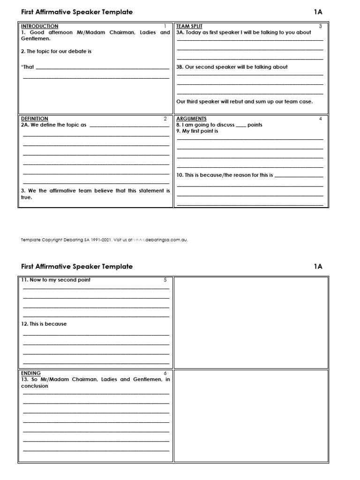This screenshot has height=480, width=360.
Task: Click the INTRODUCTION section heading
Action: [x=40, y=26]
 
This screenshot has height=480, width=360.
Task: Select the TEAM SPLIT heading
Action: [x=189, y=26]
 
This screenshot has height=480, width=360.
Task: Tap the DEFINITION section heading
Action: [x=35, y=119]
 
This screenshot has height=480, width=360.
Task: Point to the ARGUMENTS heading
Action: [x=191, y=119]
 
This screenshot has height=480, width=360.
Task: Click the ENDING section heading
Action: [x=31, y=373]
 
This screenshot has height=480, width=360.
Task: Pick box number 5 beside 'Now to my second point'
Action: [x=165, y=280]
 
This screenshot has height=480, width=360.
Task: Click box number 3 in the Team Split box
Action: [x=320, y=26]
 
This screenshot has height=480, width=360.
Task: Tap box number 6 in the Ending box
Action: [x=165, y=373]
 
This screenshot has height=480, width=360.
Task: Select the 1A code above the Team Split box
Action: [x=318, y=12]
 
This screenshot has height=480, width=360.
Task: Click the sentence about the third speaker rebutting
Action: [x=244, y=101]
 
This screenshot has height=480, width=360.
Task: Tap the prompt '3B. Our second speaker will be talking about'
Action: [x=232, y=67]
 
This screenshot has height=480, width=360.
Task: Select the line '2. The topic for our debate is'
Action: [x=56, y=51]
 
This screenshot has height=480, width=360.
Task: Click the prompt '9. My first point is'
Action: [x=197, y=131]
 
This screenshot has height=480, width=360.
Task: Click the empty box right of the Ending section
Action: [x=251, y=415]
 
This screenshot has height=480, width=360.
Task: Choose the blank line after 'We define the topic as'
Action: [x=129, y=126]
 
